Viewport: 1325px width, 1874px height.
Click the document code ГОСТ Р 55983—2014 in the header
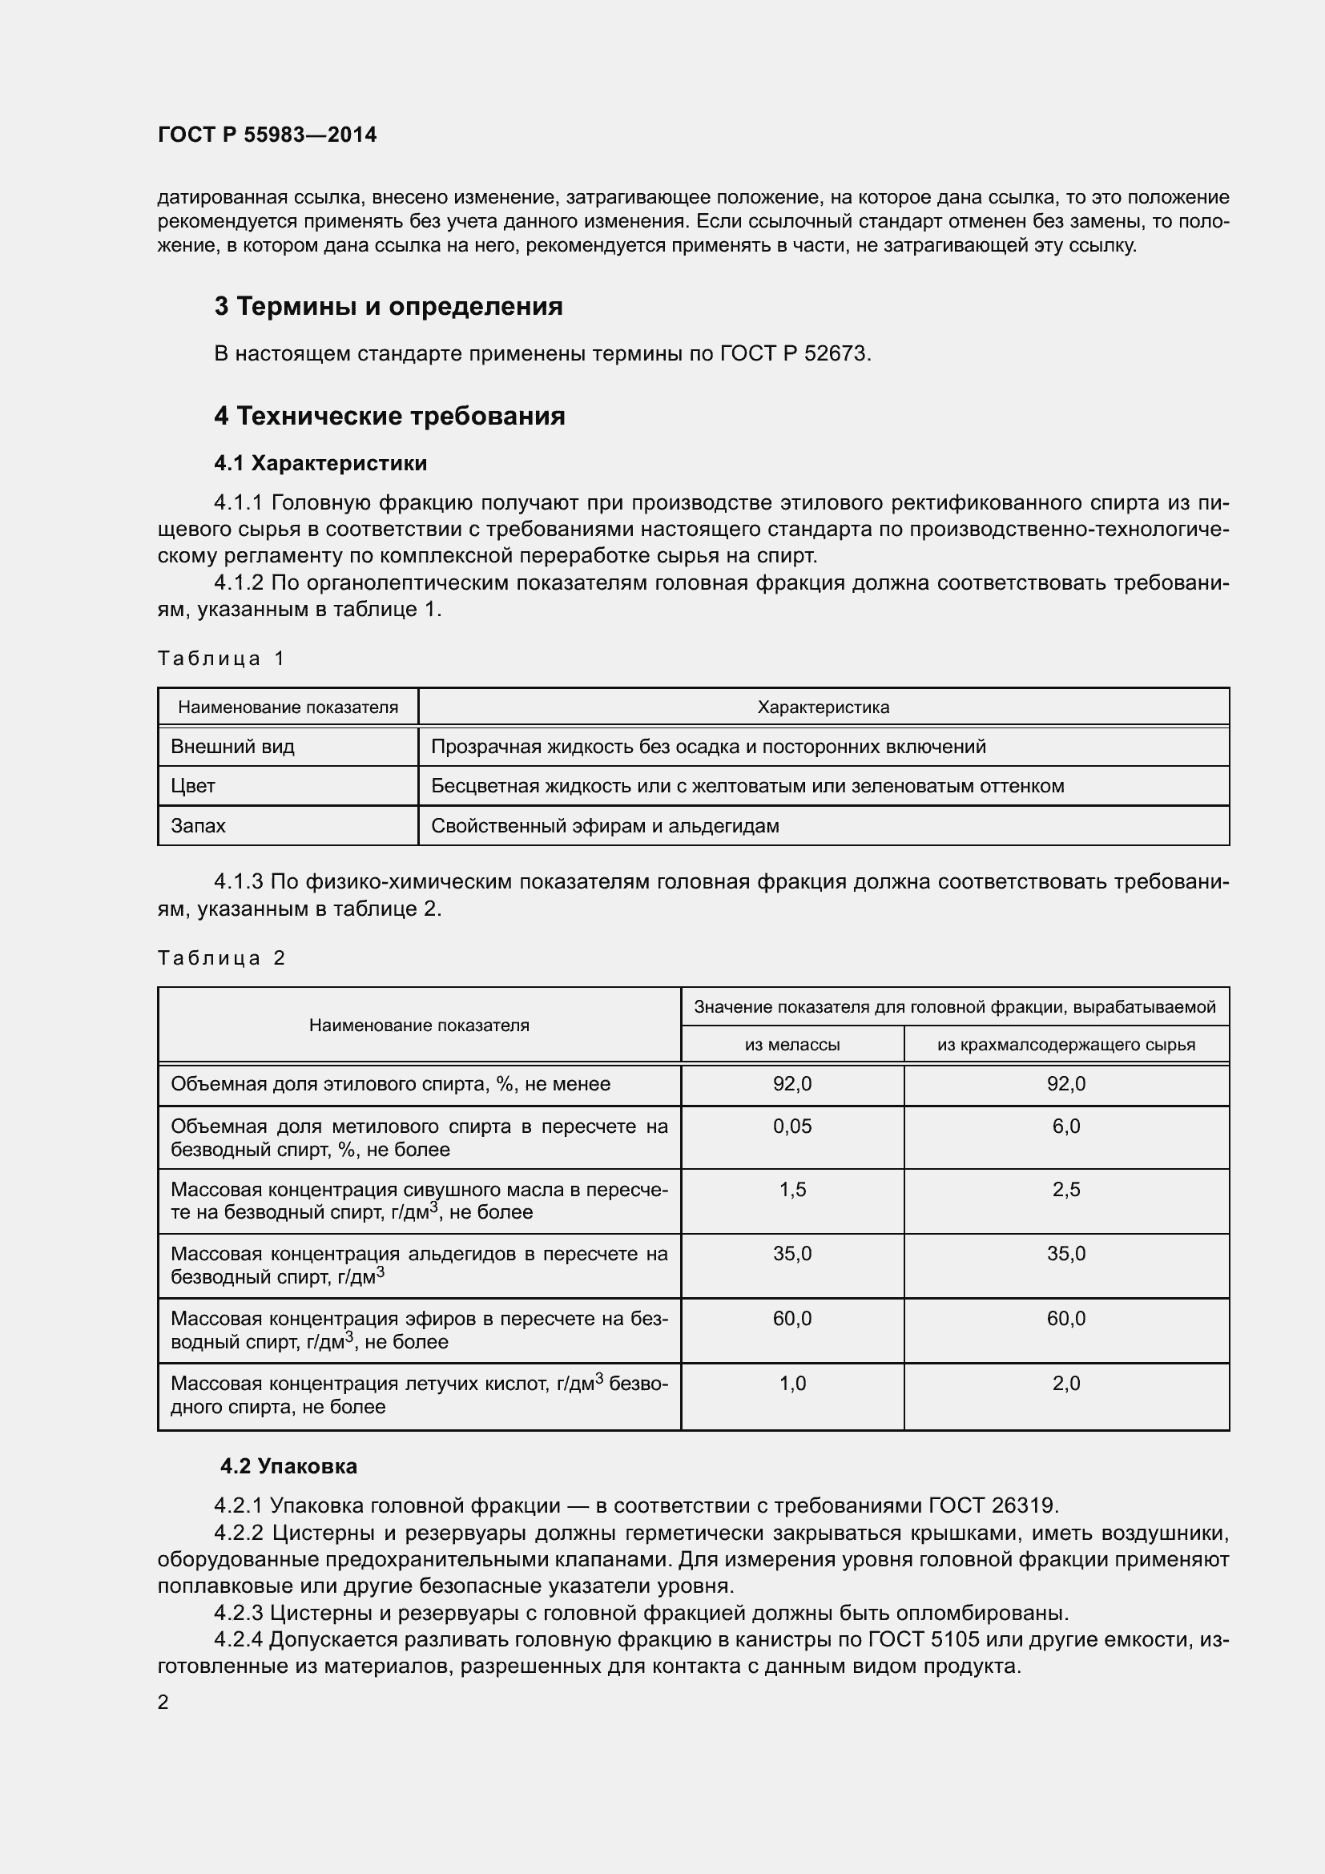pos(267,135)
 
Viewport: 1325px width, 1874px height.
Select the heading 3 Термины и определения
pos(389,306)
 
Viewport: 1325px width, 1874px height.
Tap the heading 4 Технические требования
pos(389,416)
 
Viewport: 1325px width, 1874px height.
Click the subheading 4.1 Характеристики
pos(320,463)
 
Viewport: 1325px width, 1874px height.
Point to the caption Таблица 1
pos(220,658)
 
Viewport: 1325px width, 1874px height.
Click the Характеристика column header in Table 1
pos(823,707)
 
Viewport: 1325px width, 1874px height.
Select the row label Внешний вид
pos(232,746)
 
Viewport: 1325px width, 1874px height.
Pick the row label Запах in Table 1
pos(198,825)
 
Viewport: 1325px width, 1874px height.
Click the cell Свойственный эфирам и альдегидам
pos(605,825)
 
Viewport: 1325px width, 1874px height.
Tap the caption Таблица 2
pos(220,957)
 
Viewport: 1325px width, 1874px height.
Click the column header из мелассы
pos(791,1044)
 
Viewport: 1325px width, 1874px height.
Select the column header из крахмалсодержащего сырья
pos(1065,1044)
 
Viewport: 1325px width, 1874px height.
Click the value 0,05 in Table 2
pos(791,1126)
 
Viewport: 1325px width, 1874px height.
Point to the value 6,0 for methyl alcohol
pos(1065,1126)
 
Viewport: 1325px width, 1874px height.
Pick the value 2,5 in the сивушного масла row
pos(1065,1189)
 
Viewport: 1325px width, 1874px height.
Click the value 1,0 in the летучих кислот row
pos(791,1383)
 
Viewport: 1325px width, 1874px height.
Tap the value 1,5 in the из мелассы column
pos(791,1189)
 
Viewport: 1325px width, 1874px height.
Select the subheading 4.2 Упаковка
pos(288,1466)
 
